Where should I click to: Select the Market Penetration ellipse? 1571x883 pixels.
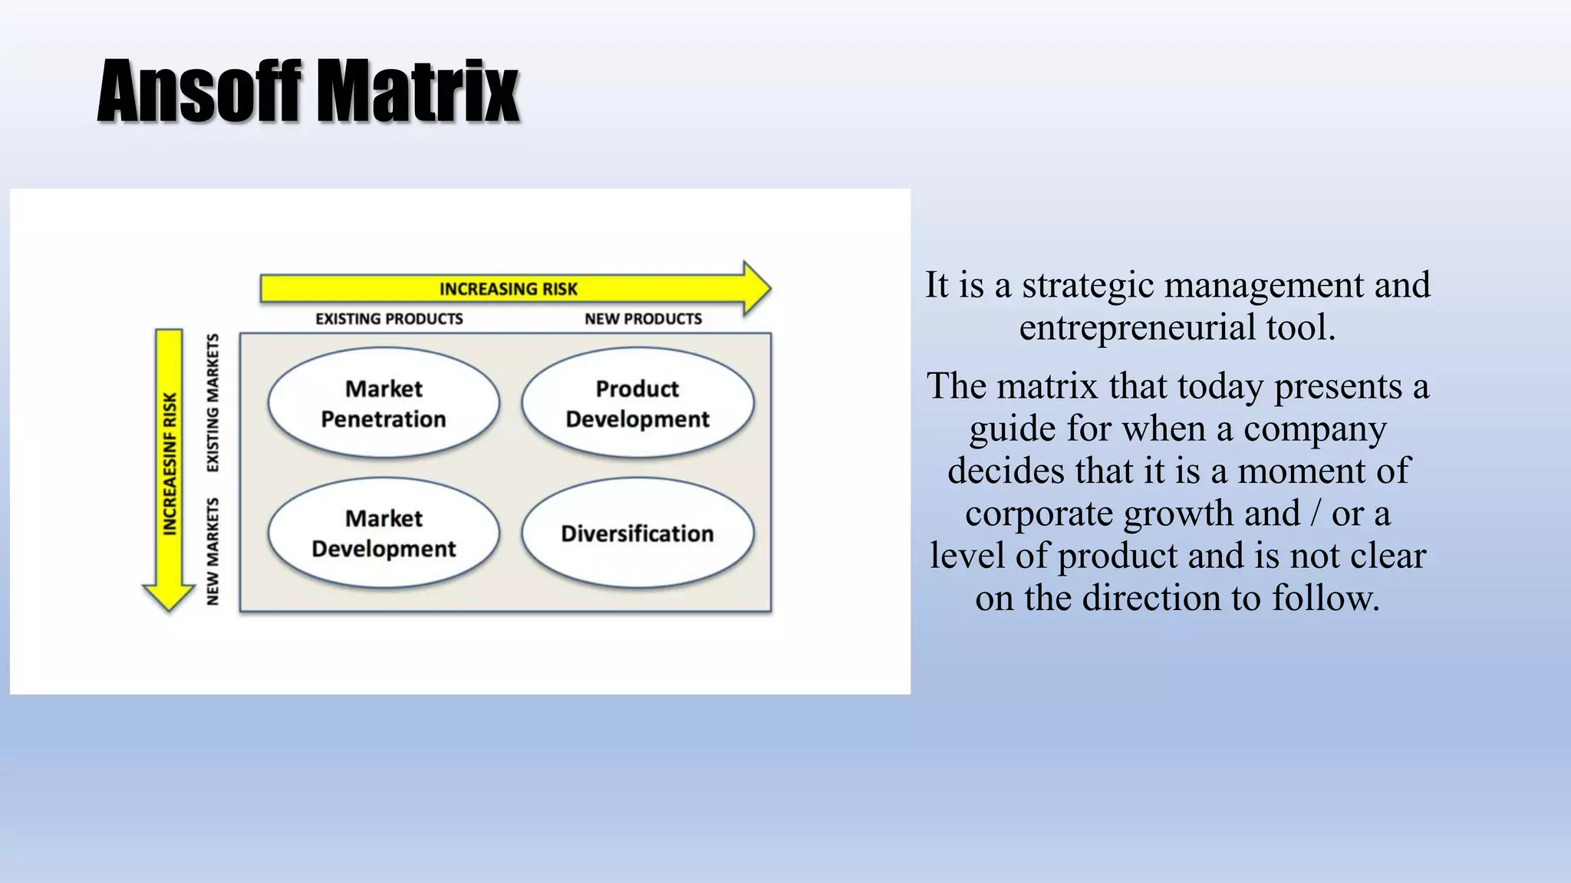tap(384, 403)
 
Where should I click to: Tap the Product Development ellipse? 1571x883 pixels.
tap(637, 403)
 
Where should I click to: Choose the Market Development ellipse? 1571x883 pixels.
tap(384, 533)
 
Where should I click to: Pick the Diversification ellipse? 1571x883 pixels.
tap(637, 533)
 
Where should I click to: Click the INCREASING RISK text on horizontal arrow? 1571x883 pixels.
tap(508, 289)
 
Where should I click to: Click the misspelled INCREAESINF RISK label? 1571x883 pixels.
tap(170, 463)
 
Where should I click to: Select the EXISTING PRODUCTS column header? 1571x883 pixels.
tap(389, 319)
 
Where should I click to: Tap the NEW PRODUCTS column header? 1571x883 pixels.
tap(643, 319)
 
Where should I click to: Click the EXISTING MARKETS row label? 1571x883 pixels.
tap(212, 403)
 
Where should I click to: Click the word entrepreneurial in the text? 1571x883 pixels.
tap(1136, 328)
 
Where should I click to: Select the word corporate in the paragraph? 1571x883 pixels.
tap(1039, 514)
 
